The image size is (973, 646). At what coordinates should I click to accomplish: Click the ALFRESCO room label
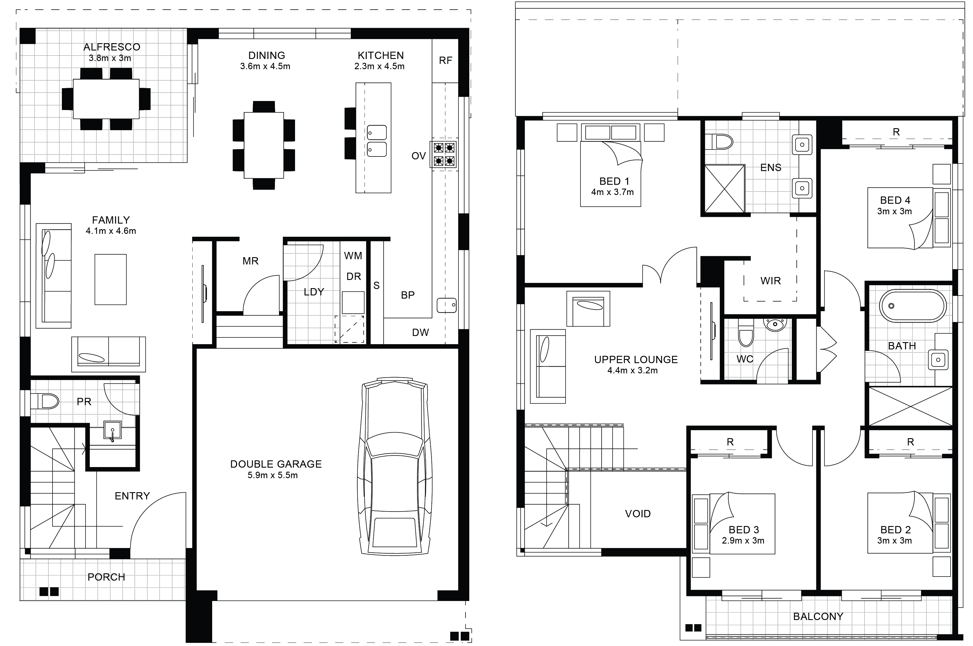111,47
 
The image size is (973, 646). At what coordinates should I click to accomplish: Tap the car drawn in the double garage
395,466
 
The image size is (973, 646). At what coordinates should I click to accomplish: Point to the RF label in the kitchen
446,60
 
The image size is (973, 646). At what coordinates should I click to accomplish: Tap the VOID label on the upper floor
638,514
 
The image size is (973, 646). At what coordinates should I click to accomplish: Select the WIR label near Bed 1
770,281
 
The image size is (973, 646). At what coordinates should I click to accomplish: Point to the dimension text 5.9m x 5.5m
273,475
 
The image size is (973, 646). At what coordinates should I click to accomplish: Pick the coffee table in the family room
110,279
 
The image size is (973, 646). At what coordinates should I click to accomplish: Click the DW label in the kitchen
421,332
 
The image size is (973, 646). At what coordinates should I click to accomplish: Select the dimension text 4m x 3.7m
612,192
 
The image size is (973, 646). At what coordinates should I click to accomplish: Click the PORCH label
106,577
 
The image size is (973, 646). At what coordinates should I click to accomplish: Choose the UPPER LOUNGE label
636,360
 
